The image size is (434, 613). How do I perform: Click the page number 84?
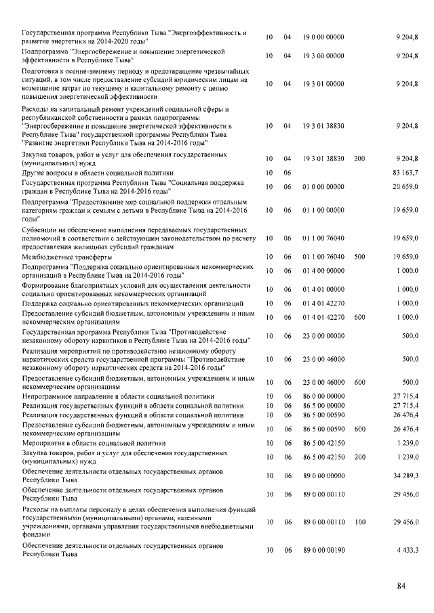[x=401, y=586]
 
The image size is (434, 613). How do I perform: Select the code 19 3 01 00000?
[x=323, y=84]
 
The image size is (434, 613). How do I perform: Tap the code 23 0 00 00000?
[x=323, y=335]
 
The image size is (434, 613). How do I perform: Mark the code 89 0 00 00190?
[x=323, y=550]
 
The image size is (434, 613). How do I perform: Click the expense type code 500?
[x=359, y=257]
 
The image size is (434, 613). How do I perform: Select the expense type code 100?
[x=359, y=522]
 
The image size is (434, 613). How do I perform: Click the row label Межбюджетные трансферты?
[x=64, y=257]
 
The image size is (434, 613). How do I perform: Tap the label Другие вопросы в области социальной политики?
[x=88, y=173]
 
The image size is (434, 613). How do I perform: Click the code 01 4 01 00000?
[x=323, y=289]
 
